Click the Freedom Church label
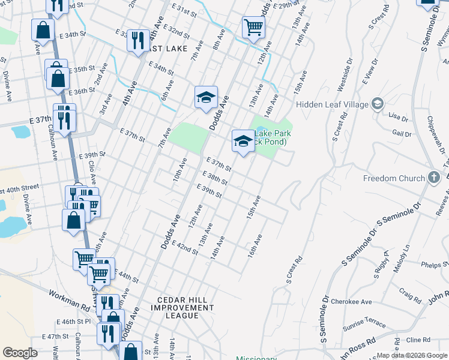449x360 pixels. point(394,178)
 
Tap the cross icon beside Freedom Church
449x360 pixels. point(434,178)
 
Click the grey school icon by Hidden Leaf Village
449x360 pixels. point(377,103)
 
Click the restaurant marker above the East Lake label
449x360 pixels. point(138,41)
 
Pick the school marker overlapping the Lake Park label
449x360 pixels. point(243,141)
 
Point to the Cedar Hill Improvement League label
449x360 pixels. point(185,308)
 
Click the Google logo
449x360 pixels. point(20,353)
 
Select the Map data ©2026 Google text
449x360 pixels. point(411,355)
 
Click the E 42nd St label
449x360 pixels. point(185,247)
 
